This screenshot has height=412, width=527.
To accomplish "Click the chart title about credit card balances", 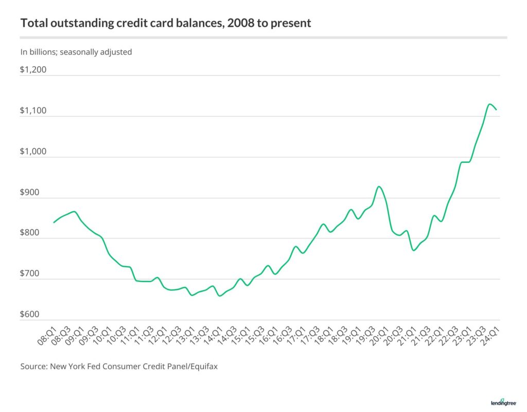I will [165, 23].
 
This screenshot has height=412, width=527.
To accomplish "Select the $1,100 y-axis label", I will [33, 111].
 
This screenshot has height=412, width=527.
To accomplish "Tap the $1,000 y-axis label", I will [33, 151].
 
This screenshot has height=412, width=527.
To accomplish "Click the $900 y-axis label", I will [31, 192].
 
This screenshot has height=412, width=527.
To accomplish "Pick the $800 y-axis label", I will [31, 233].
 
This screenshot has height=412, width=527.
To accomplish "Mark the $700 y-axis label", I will [31, 273].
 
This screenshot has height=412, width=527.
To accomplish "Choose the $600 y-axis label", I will [31, 314].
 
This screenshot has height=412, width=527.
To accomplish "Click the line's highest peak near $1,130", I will [489, 104].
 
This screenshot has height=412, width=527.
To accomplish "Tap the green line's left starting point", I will [54, 222].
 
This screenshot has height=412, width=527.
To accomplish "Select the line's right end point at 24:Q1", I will [497, 110].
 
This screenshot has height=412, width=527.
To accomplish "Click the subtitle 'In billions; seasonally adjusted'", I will [76, 51].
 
